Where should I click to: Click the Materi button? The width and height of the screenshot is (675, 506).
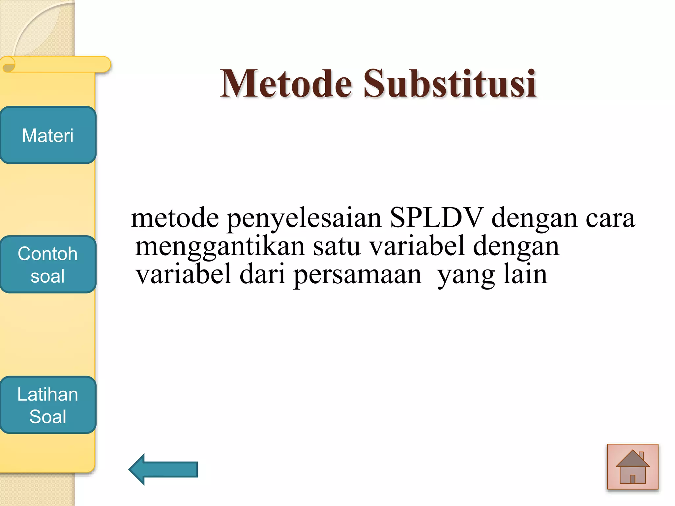coord(48,135)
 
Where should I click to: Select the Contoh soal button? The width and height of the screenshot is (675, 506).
coord(48,264)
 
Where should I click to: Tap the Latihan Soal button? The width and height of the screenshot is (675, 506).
coord(48,405)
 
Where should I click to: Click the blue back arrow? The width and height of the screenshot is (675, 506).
coord(163,469)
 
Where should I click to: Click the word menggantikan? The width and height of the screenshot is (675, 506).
coord(220,247)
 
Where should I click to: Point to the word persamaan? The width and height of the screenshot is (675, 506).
coord(357,275)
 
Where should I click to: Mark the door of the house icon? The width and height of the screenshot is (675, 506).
coord(632,479)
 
